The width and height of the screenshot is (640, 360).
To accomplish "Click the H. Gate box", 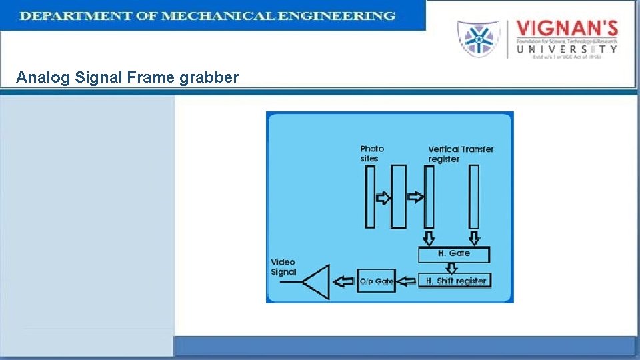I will pos(453,254).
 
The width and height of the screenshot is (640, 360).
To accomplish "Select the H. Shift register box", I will pos(456,281).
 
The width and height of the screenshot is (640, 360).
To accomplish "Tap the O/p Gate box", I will pos(377,281).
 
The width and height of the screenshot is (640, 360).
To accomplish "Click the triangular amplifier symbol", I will pos(317,282).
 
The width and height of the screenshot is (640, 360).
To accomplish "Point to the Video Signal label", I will pos(283,267).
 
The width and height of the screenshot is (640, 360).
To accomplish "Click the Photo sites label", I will pos(372,153).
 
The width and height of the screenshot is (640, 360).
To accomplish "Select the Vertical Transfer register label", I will pos(460,154).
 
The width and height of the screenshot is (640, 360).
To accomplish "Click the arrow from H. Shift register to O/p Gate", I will pos(407,282).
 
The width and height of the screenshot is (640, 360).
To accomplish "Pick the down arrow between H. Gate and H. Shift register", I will pos(452,268).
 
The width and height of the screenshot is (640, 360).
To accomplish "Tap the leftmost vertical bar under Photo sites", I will pos(370,197).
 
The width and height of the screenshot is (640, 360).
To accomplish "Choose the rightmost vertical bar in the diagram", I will pos(473,197).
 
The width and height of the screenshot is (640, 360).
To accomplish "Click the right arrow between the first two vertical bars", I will pos(384,197).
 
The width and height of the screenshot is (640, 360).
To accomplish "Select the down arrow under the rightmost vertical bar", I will pos(474,238).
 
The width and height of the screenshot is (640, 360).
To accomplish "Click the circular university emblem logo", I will pos(477,39).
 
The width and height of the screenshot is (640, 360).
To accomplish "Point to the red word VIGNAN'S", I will pos(567,29).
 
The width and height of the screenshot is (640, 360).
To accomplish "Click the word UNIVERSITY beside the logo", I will pos(567,48).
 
